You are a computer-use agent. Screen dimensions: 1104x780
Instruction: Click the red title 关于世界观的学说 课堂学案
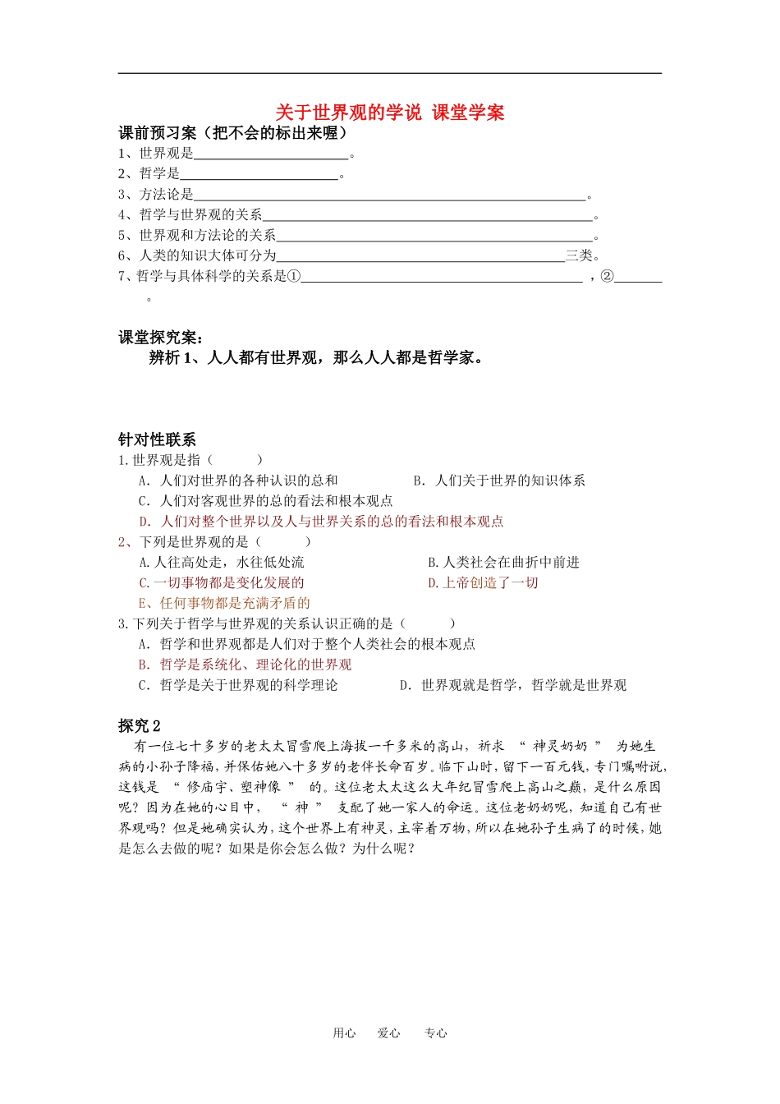click(389, 113)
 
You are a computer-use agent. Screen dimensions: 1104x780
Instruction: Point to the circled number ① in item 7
click(294, 276)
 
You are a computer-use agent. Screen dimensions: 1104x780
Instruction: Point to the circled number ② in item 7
click(607, 276)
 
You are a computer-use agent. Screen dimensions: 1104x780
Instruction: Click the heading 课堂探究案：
click(161, 338)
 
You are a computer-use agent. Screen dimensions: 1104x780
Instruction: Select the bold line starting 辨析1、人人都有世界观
click(315, 357)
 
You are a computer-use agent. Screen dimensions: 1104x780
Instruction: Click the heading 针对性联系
click(157, 439)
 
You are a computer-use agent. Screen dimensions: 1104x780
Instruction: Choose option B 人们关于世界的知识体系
click(499, 481)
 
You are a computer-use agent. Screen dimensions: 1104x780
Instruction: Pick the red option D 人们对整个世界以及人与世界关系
click(321, 522)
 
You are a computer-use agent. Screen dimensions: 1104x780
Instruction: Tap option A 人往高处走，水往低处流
click(222, 562)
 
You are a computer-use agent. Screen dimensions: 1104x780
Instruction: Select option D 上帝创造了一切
click(483, 582)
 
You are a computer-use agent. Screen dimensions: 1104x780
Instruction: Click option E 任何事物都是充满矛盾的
click(224, 603)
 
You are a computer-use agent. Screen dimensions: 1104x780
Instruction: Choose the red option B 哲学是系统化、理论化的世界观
click(245, 665)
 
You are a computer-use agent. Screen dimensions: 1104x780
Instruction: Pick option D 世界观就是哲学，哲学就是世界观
click(513, 685)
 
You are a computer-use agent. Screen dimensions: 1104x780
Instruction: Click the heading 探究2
click(140, 726)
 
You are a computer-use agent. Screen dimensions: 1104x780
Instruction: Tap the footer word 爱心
click(388, 1033)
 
